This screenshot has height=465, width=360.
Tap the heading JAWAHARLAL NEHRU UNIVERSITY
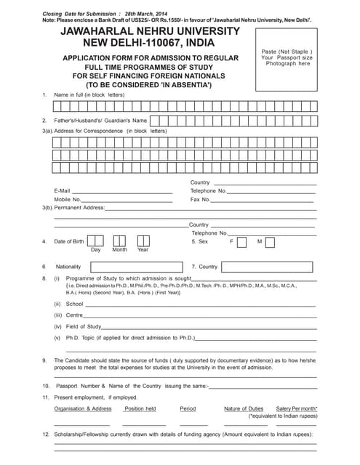[x=149, y=31]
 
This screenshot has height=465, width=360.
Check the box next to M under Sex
[x=270, y=242]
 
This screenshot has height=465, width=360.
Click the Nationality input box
[x=135, y=267]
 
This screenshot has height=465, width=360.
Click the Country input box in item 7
[x=269, y=267]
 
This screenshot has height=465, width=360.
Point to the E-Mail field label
[x=62, y=190]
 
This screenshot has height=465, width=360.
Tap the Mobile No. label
[x=67, y=199]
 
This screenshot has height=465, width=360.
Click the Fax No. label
[x=200, y=199]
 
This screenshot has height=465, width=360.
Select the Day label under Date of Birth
[x=95, y=250]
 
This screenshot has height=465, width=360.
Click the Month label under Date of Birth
[x=119, y=250]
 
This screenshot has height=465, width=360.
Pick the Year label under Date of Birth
[x=143, y=250]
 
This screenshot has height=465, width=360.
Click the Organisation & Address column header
[x=83, y=409]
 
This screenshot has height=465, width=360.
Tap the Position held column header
[x=140, y=409]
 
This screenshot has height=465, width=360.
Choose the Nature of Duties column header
[x=244, y=409]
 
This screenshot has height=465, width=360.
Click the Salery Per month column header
[x=297, y=409]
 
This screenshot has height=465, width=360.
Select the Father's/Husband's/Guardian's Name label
[x=100, y=120]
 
